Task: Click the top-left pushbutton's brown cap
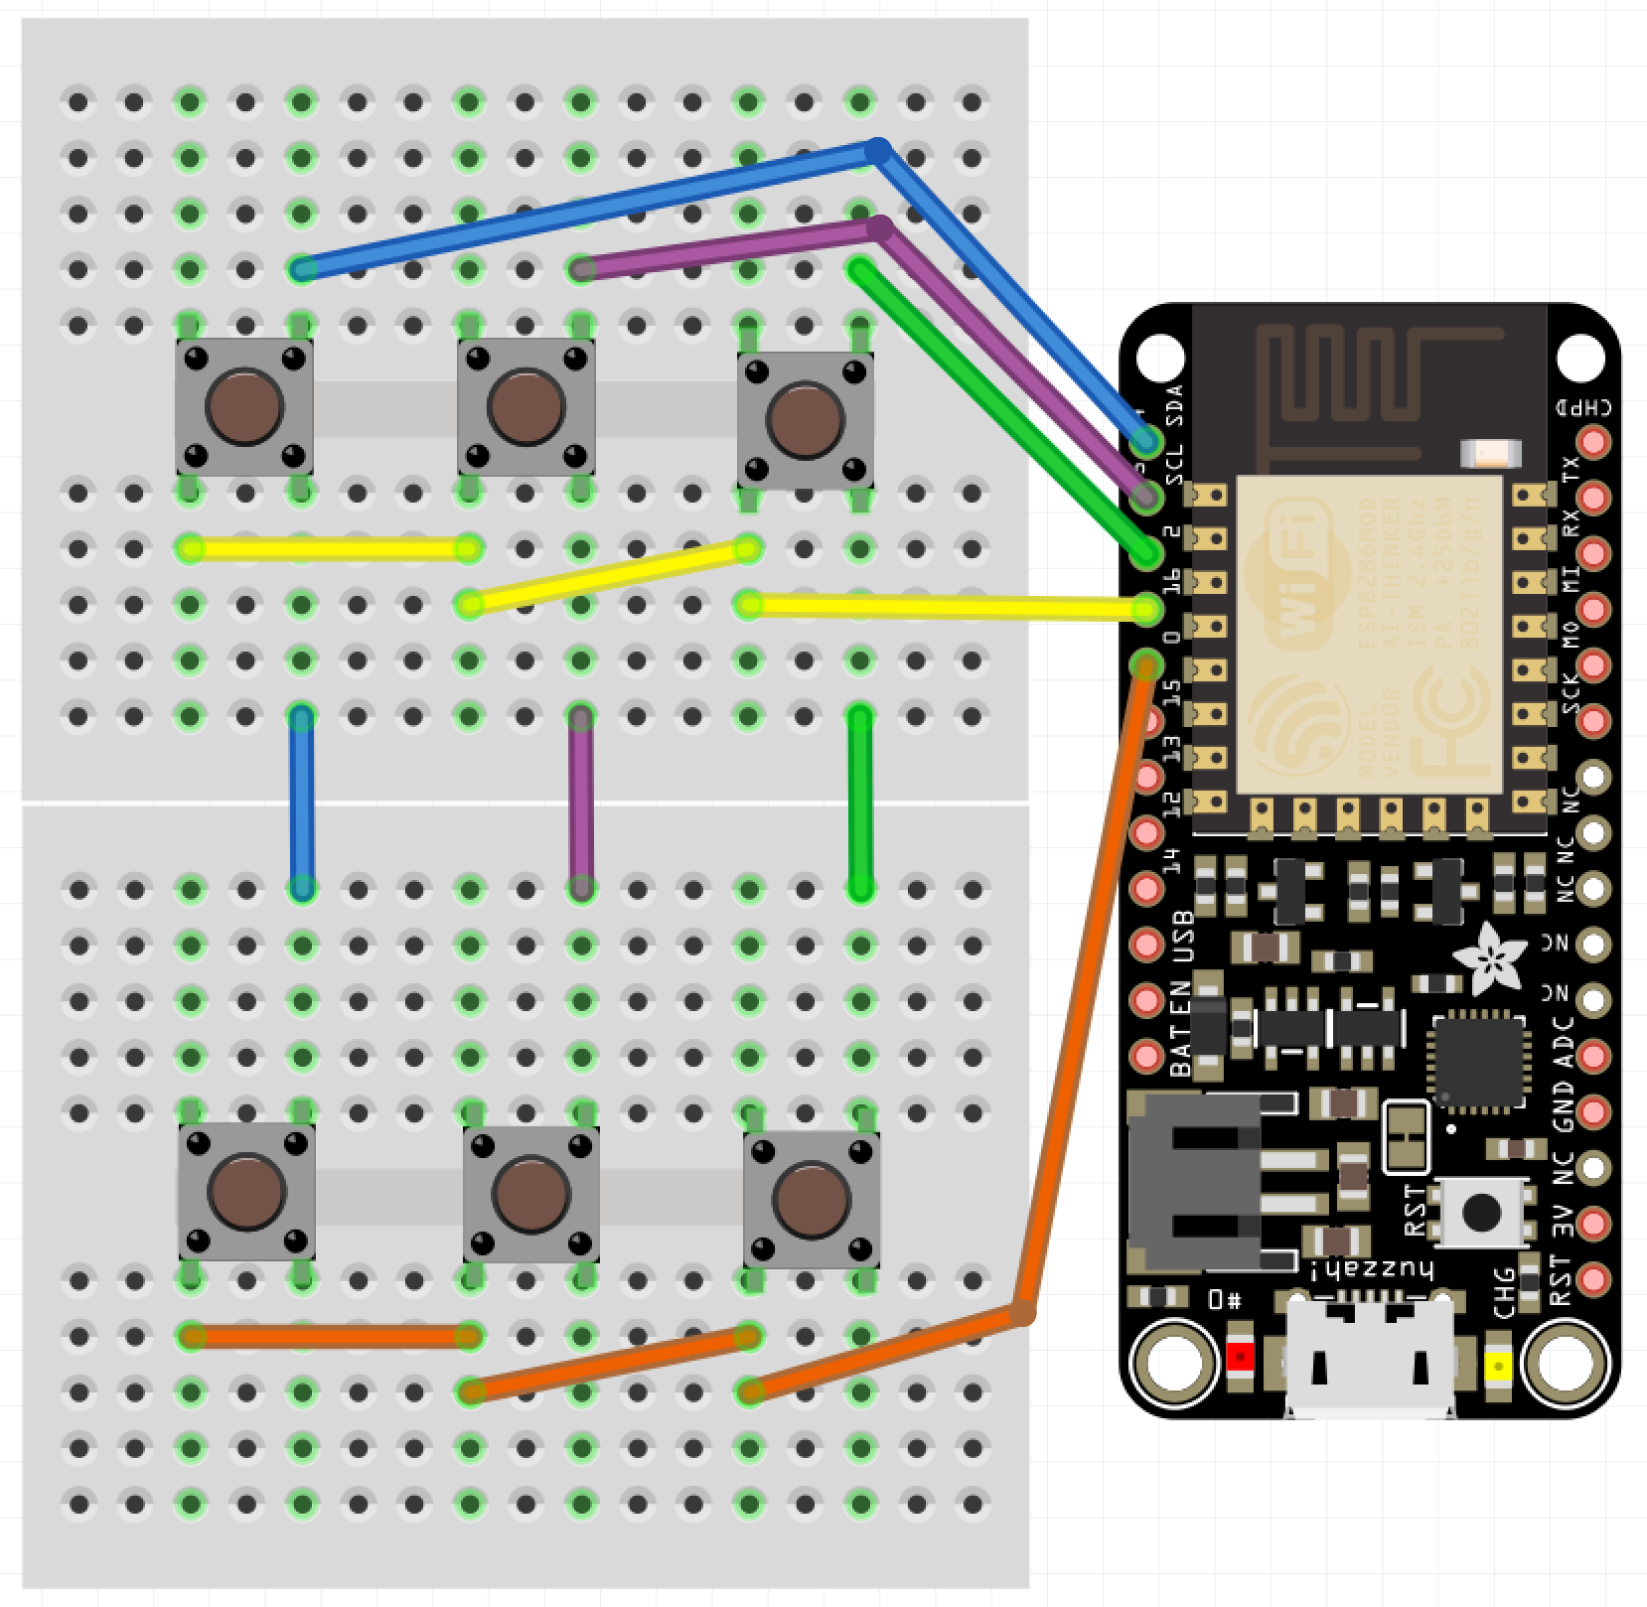tap(244, 406)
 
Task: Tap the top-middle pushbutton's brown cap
tap(525, 406)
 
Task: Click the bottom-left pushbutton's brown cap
tap(246, 1191)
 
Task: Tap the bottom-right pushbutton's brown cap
tap(812, 1199)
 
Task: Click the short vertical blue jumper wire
tap(302, 803)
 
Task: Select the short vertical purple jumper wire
tap(581, 803)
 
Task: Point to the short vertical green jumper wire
tap(860, 803)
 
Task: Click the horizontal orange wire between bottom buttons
tap(330, 1337)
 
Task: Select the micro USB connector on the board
tap(1370, 1361)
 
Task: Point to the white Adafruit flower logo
tap(1490, 956)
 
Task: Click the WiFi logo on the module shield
tap(1288, 576)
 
